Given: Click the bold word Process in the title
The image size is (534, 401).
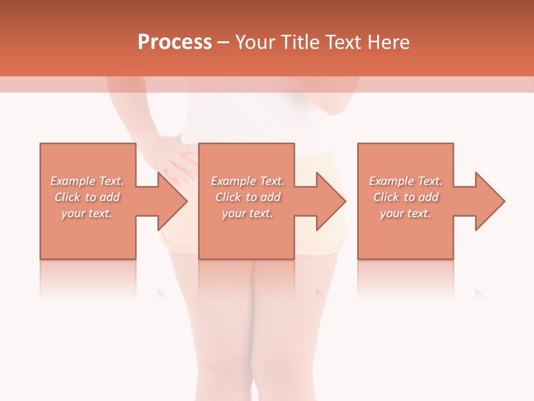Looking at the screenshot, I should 175,42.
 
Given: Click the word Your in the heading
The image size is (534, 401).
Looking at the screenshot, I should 255,42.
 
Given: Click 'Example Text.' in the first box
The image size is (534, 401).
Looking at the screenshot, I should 87,181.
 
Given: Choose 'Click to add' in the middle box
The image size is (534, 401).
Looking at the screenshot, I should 248,197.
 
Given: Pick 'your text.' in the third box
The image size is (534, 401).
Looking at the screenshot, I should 406,213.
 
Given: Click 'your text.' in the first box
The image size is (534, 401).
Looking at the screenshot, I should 87,213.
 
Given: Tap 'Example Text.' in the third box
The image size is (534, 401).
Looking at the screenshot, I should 406,181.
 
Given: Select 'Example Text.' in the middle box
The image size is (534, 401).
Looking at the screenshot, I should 248,181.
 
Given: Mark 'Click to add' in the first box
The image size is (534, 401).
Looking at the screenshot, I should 87,197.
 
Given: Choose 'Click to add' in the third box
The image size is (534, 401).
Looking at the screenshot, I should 406,197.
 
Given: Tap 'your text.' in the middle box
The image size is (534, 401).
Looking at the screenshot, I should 248,213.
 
